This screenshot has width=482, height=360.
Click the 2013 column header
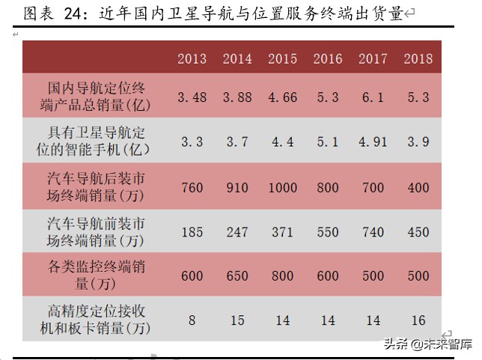point(192,59)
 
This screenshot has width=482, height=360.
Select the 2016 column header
point(328,59)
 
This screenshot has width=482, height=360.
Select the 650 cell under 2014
point(237,276)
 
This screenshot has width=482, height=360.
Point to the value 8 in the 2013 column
point(192,320)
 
